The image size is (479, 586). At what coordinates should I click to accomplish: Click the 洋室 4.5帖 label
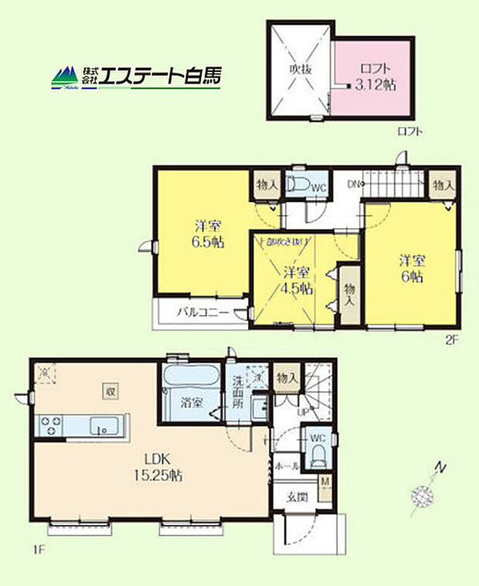point(296,281)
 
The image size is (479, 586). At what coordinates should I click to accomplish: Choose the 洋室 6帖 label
point(411,267)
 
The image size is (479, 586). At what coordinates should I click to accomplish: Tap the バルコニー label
point(202,313)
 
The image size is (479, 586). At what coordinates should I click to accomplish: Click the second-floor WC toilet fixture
point(297,185)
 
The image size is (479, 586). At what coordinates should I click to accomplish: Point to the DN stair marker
point(355,184)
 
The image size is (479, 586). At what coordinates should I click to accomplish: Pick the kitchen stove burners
point(51,424)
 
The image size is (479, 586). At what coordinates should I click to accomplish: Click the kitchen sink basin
point(102,425)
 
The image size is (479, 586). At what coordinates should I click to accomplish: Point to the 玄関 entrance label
point(297,496)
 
